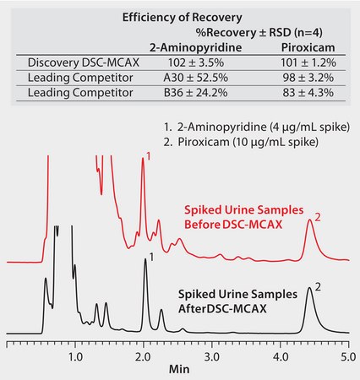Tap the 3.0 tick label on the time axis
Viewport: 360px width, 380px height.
(x=212, y=358)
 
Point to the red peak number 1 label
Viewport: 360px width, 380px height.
(x=149, y=156)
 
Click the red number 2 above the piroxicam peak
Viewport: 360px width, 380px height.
(x=318, y=217)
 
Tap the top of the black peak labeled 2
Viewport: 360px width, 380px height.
(x=309, y=289)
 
